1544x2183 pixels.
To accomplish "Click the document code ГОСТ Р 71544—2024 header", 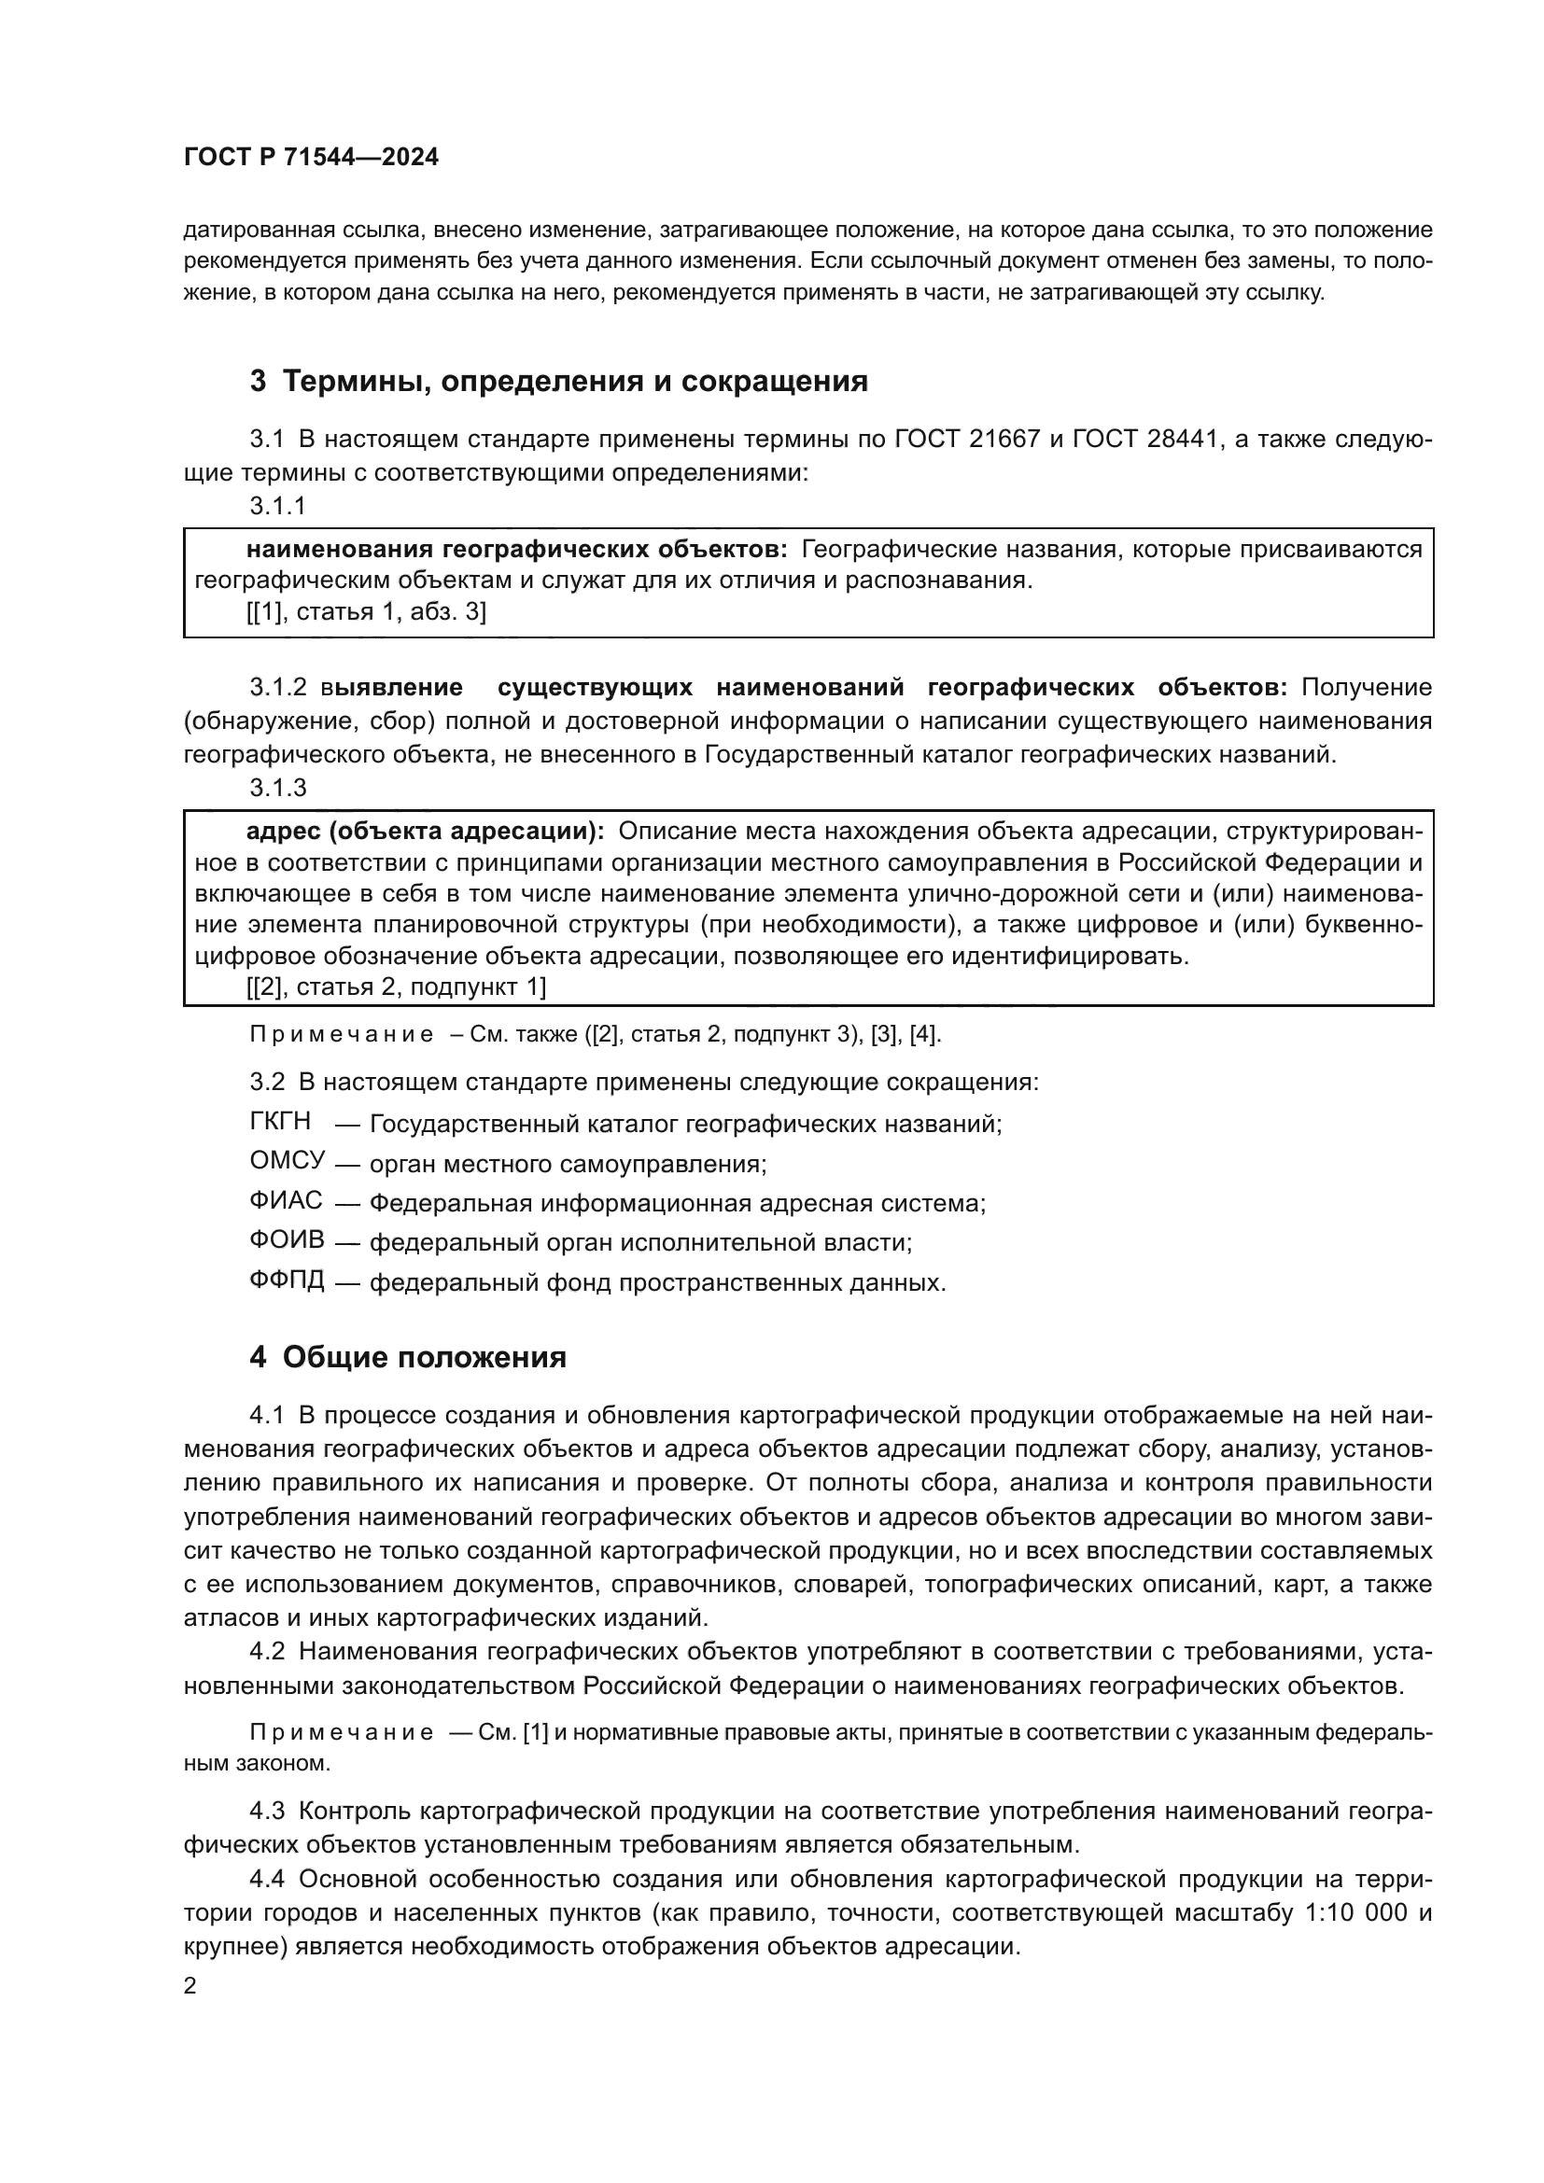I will click(311, 158).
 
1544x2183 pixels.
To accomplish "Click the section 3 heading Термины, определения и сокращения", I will click(559, 382).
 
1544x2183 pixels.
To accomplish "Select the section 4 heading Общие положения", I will click(408, 1357).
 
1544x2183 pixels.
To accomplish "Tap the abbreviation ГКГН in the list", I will click(279, 1122).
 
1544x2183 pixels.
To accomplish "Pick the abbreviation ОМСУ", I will click(288, 1161).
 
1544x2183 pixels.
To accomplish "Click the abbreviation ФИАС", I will click(287, 1201).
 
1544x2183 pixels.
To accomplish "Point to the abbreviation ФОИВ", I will click(288, 1239).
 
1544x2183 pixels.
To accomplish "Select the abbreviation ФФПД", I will click(288, 1280).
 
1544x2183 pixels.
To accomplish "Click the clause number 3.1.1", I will click(277, 506).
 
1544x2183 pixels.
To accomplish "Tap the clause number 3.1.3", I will click(277, 788).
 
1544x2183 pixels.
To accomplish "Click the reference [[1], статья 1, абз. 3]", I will click(366, 611).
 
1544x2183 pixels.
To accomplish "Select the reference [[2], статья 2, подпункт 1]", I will click(396, 987).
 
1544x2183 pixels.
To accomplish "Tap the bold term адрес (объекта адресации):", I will click(425, 831).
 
